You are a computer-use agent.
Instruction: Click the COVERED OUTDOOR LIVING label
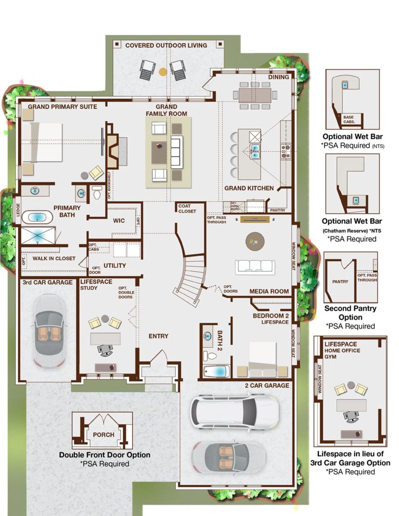(166, 45)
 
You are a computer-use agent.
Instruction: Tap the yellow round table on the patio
(163, 72)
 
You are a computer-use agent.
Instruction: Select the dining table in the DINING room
(255, 95)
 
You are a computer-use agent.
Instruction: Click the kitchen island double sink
(255, 151)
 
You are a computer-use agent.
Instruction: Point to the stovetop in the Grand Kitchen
(286, 151)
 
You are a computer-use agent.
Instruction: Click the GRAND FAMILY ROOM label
(166, 110)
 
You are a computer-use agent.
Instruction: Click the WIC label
(119, 221)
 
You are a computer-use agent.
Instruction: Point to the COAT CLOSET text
(187, 208)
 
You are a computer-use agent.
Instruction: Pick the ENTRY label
(158, 336)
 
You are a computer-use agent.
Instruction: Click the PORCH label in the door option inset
(103, 435)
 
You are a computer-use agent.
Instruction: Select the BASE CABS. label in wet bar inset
(349, 119)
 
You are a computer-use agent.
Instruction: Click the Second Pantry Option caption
(350, 313)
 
